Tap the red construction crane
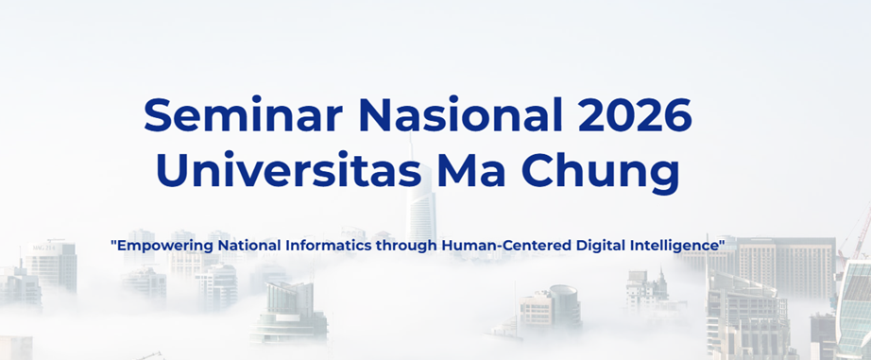pyautogui.click(x=857, y=233)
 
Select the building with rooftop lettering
pyautogui.click(x=51, y=266)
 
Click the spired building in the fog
pyautogui.click(x=647, y=289)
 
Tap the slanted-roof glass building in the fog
pyautogui.click(x=289, y=311)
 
